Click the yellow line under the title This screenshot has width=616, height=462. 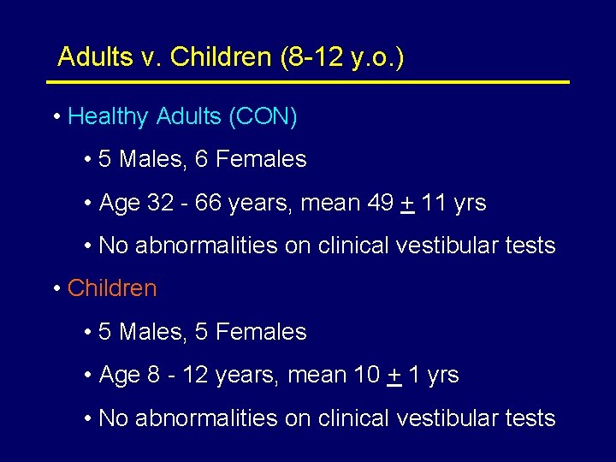[307, 82]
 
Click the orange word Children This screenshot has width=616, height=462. [112, 288]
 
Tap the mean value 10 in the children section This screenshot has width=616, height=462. [366, 375]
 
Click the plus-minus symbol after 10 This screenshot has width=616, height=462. [394, 376]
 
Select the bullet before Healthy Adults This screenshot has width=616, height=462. [56, 117]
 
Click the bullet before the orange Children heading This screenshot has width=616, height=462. [56, 289]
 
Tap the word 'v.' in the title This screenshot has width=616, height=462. [146, 57]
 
